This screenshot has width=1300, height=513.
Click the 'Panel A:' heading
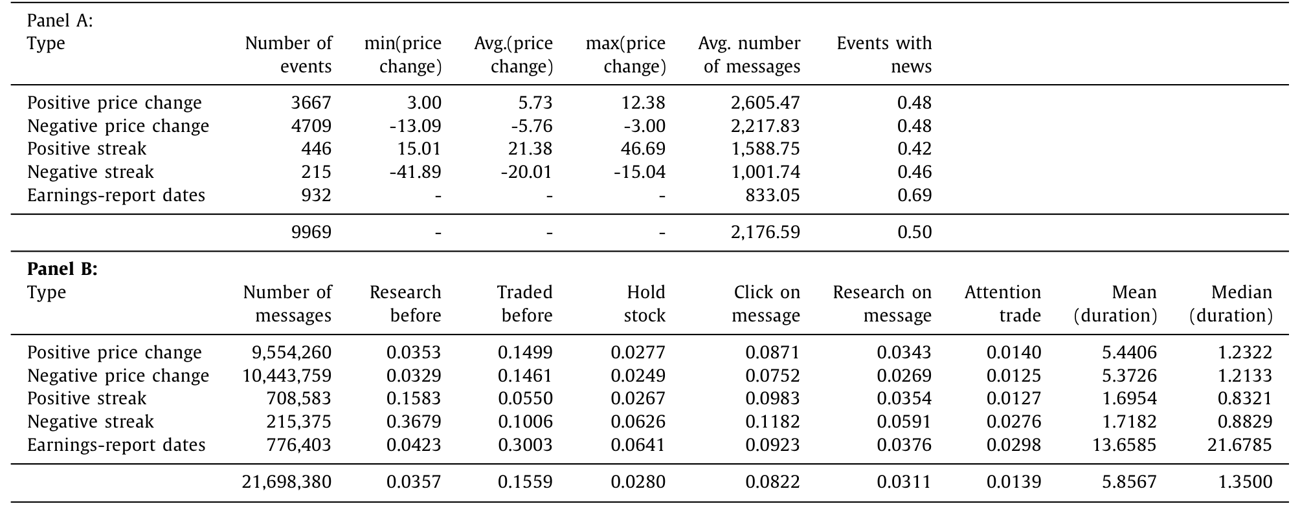coord(60,21)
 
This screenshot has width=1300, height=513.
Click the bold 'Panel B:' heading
coord(62,269)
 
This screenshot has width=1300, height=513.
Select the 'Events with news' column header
coord(884,54)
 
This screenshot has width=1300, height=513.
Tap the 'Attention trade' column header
coord(1003,303)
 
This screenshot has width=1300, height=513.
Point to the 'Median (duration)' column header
coord(1231,303)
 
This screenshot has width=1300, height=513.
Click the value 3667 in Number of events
coord(311,103)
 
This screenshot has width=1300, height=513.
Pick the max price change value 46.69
coord(644,149)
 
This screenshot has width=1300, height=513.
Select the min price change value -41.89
coord(415,172)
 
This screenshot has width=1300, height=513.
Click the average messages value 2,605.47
coord(765,103)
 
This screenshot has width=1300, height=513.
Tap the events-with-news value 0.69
coord(915,195)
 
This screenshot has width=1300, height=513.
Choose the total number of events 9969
coord(311,232)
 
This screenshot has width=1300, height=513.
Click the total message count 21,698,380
coord(287,482)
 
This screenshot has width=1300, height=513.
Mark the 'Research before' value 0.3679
coord(414,422)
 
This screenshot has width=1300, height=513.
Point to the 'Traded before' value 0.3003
coord(525,445)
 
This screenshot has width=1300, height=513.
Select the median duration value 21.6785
coord(1240,445)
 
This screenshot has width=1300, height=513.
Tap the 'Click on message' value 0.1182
coord(773,422)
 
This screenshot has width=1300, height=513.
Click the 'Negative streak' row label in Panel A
coord(91,172)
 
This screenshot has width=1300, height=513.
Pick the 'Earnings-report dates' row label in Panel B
coord(117,445)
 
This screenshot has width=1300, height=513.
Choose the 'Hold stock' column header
coord(638,303)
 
